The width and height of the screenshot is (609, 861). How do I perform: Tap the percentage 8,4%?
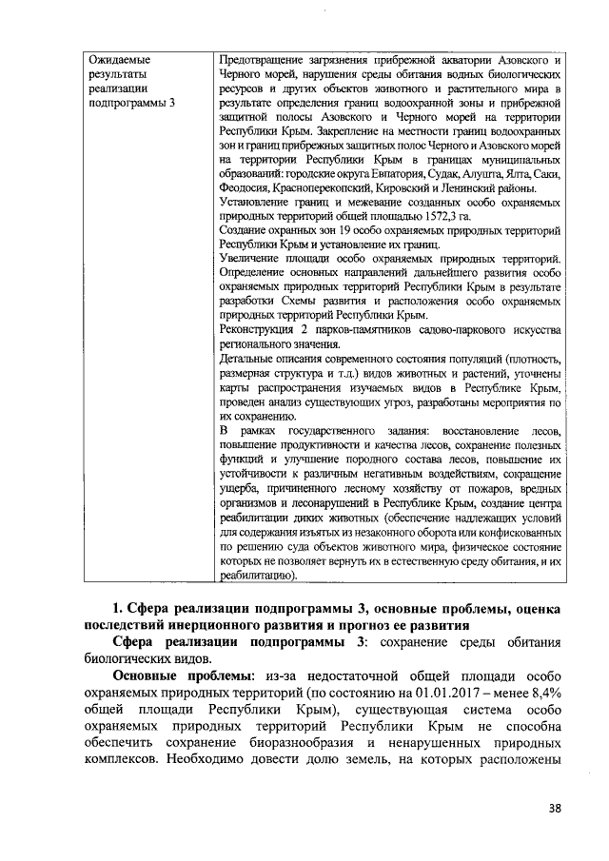(x=541, y=707)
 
